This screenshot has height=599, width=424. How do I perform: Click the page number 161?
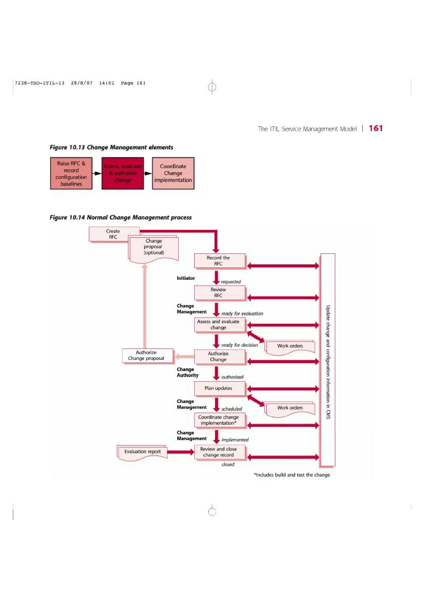pos(376,128)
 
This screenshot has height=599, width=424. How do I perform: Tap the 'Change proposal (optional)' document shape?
pos(154,247)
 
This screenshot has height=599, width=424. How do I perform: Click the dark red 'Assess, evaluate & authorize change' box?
pos(123,173)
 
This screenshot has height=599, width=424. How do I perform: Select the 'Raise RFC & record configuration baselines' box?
pos(71,173)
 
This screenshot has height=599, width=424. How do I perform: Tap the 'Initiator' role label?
pos(186,278)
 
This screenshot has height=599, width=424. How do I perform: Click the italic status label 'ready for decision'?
pos(240,345)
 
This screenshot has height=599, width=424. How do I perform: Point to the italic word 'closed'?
pos(228,464)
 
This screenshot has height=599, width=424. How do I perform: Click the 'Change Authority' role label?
pos(188,372)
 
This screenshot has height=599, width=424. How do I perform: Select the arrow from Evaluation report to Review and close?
pos(181,452)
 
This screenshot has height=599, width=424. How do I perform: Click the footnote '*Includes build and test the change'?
pos(292,475)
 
